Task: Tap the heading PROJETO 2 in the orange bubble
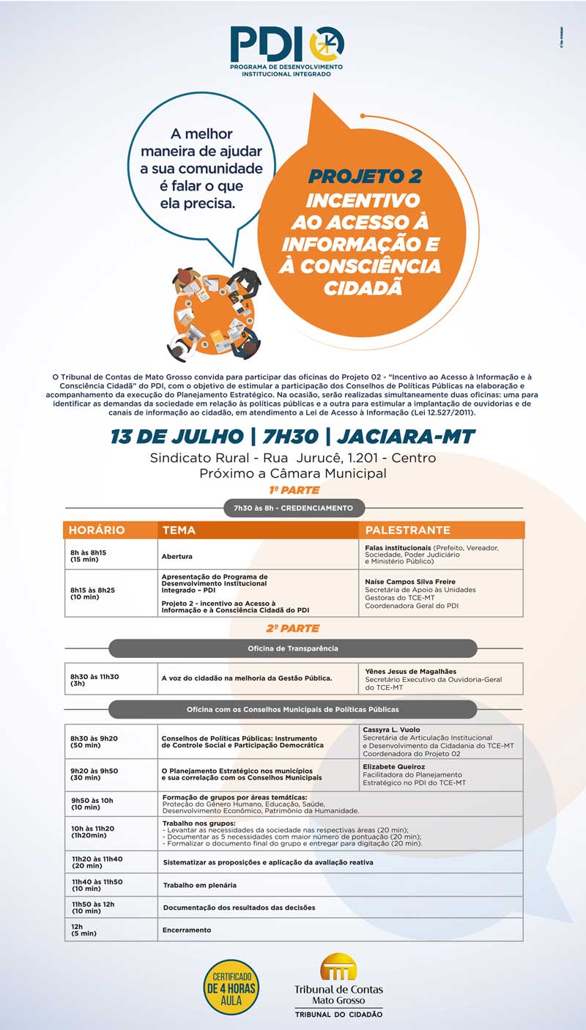coord(364,177)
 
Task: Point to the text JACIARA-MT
coord(407,437)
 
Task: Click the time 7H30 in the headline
coord(286,437)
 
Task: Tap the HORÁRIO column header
coord(97,530)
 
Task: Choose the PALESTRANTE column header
coord(407,530)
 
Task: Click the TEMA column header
coord(179,530)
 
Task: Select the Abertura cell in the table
coord(177,557)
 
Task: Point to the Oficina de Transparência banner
coord(293,648)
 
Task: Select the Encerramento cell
coord(187,930)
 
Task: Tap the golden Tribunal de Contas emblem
coord(338,967)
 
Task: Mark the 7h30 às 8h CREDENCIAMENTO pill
coord(293,508)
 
